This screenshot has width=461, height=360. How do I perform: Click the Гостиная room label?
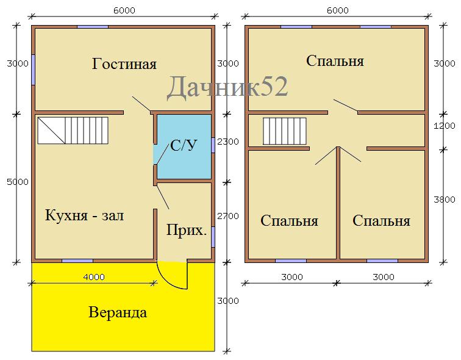[124, 64]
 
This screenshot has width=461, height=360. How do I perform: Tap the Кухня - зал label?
[85, 215]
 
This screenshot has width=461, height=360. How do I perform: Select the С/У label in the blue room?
[184, 145]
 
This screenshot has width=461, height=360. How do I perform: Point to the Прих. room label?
[187, 231]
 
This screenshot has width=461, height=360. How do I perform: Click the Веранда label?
[118, 313]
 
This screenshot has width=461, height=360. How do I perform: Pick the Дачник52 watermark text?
[227, 87]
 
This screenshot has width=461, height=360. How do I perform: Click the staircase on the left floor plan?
[73, 131]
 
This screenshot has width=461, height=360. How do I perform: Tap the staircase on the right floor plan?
[284, 130]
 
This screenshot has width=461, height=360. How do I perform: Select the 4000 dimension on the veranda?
[93, 276]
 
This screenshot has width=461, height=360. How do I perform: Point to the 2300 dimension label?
[228, 142]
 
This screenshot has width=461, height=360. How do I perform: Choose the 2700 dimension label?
[228, 216]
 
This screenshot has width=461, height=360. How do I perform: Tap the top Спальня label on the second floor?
[335, 61]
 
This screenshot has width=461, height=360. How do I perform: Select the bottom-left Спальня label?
[289, 221]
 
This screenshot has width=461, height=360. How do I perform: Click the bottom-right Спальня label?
[381, 221]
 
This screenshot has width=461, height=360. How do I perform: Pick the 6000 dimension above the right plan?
[337, 10]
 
